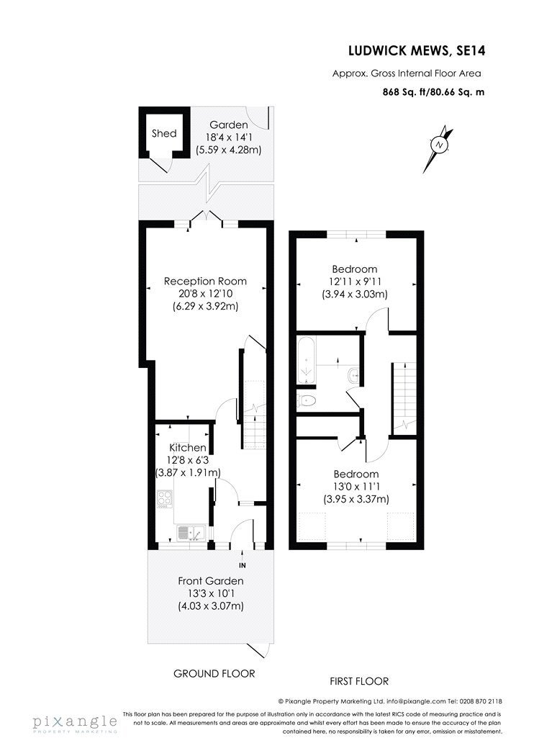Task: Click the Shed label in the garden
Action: (164, 133)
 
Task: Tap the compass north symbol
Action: (438, 145)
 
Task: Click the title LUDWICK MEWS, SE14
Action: (417, 50)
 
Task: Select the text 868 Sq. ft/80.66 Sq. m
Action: (433, 91)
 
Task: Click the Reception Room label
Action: (205, 281)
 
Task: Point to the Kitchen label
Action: (188, 448)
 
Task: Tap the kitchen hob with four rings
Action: (165, 500)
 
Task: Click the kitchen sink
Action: (192, 532)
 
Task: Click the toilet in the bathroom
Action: (307, 400)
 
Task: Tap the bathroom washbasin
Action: (354, 375)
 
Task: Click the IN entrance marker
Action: (243, 565)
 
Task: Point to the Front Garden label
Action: (211, 581)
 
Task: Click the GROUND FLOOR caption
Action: (214, 673)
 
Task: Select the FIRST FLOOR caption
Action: (359, 681)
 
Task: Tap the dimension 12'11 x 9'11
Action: (355, 282)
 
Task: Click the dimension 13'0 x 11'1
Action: (356, 487)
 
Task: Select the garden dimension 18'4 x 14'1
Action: (228, 138)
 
